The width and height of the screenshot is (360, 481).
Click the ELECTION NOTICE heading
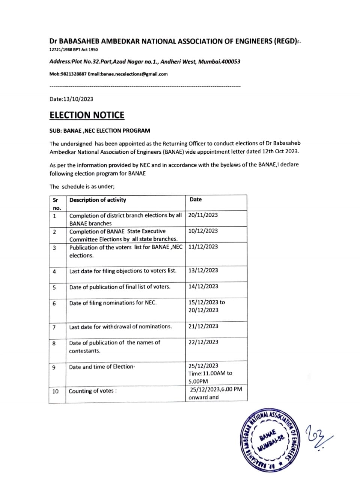pos(87,115)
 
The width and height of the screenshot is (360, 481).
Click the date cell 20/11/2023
pos(203,215)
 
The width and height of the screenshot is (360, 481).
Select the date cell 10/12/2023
pos(203,231)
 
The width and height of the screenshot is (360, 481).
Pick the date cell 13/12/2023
pos(203,270)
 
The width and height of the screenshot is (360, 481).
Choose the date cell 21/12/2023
pos(203,326)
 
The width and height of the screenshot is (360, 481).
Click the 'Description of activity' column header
pos(98,200)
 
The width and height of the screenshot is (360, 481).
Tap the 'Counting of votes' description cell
pos(92,391)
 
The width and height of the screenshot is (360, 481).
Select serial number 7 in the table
pos(54,327)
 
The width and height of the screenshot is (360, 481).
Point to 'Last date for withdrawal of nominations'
pos(120,327)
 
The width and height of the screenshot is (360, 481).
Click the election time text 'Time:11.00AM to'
pos(210,373)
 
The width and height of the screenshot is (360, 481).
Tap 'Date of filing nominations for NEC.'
pos(113,303)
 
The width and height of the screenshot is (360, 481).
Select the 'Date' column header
pos(196,200)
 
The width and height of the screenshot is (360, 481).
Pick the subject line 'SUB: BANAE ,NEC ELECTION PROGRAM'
pos(100,131)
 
